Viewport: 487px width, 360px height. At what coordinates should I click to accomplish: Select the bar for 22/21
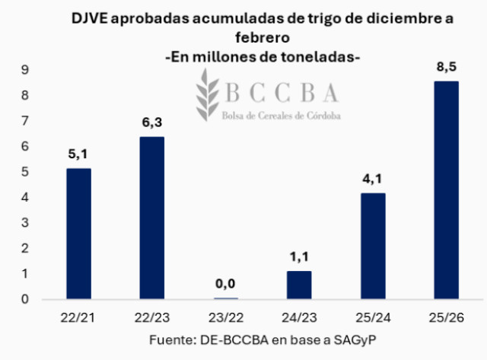click(x=78, y=234)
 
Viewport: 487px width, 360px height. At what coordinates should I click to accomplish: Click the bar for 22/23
click(x=152, y=218)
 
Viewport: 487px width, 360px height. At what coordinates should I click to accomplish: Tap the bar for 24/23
click(x=299, y=285)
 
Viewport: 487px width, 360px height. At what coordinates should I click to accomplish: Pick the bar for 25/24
click(x=373, y=246)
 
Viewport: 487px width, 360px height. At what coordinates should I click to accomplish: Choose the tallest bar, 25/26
click(x=446, y=190)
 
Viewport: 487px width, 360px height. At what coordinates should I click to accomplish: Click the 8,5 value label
click(x=446, y=69)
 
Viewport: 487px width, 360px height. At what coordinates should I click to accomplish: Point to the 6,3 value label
click(x=152, y=124)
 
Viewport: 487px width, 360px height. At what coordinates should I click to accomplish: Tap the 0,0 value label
click(x=226, y=285)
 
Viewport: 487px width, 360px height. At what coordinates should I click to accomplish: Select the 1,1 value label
click(x=299, y=258)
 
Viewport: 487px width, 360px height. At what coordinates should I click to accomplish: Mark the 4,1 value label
click(x=373, y=180)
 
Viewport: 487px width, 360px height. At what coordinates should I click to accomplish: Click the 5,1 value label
click(x=78, y=155)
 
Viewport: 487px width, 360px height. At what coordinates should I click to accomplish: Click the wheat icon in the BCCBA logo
click(x=206, y=97)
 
